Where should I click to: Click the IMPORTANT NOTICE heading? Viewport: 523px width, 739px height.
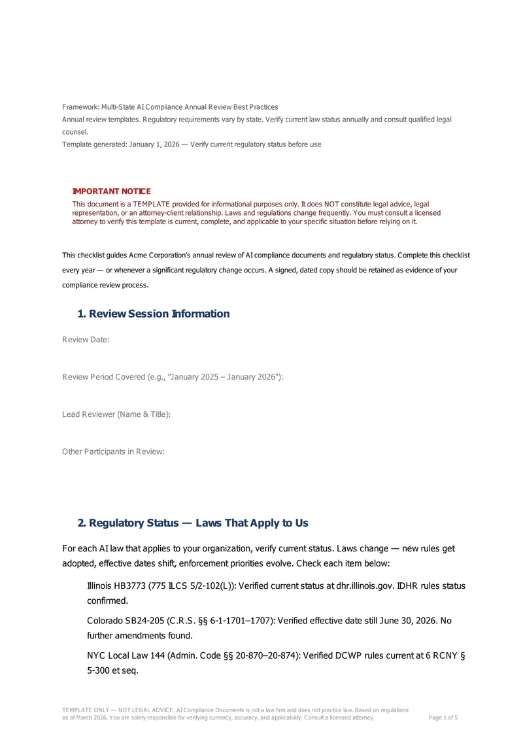tap(111, 191)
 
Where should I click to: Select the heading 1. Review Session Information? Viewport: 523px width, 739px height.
tap(154, 314)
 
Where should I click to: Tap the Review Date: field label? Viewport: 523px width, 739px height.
tap(86, 340)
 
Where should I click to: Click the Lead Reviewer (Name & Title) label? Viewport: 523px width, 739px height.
tap(116, 414)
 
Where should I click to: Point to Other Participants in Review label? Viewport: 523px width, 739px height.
tap(113, 452)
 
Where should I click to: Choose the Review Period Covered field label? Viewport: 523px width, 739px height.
tap(173, 377)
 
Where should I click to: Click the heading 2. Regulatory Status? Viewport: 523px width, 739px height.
tap(193, 523)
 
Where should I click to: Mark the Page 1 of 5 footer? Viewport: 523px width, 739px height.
tap(443, 717)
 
